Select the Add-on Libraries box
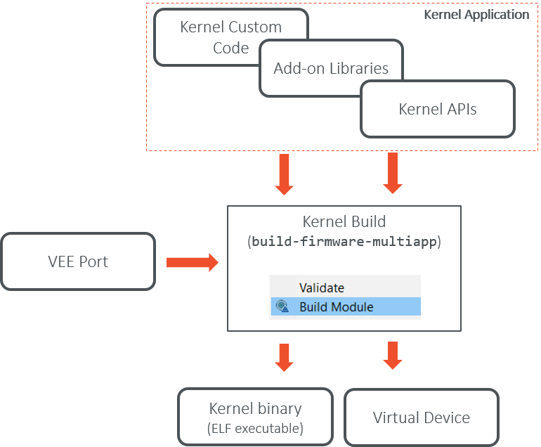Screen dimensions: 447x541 pyautogui.click(x=331, y=68)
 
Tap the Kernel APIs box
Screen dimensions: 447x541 pyautogui.click(x=437, y=109)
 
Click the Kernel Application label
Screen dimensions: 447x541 pyautogui.click(x=476, y=14)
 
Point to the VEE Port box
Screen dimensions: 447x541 pyautogui.click(x=78, y=262)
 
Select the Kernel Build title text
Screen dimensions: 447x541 pyautogui.click(x=344, y=221)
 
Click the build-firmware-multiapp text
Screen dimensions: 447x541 pyautogui.click(x=344, y=242)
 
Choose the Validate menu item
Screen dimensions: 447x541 pyautogui.click(x=322, y=287)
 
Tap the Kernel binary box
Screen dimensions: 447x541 pyautogui.click(x=255, y=417)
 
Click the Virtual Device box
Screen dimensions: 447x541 pyautogui.click(x=421, y=417)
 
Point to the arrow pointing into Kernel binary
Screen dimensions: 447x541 pyautogui.click(x=285, y=356)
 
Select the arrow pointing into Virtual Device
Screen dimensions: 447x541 pyautogui.click(x=393, y=355)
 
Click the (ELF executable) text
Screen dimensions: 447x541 pyautogui.click(x=255, y=428)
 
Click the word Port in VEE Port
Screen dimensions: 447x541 pyautogui.click(x=94, y=262)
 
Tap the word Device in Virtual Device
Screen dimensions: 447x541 pyautogui.click(x=447, y=417)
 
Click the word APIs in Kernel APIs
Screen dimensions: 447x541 pyautogui.click(x=460, y=109)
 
